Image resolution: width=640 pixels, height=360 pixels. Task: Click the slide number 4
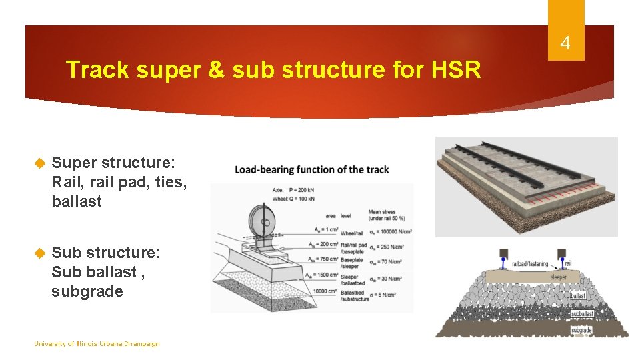[x=565, y=44]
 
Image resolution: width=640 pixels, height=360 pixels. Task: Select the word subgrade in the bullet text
[x=87, y=291]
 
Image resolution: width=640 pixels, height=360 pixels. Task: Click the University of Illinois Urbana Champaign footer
[x=97, y=344]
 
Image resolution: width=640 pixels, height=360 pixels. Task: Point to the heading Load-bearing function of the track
[x=311, y=169]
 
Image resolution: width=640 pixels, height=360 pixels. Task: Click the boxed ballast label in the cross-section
[x=578, y=295]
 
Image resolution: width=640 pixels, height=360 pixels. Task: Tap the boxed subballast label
[x=581, y=313]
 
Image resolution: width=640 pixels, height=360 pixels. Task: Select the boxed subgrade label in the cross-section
[x=581, y=330]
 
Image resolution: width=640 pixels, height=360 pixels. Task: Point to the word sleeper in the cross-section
[x=559, y=277]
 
